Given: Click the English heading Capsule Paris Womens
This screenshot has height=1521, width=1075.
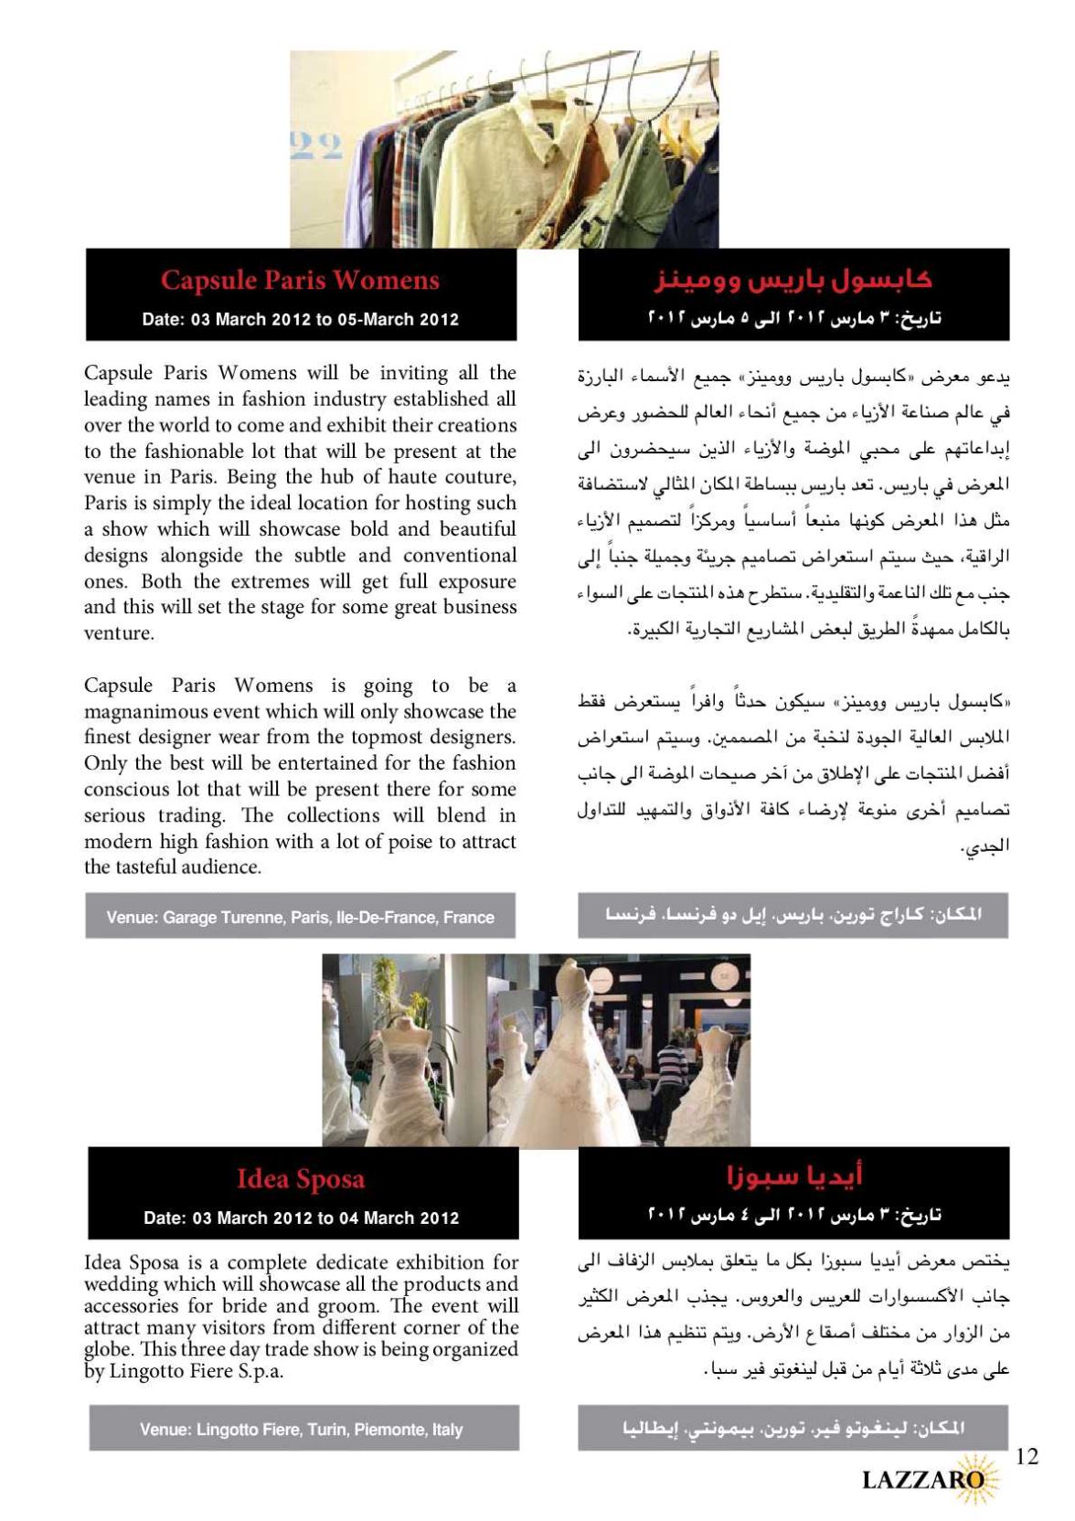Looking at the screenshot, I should click(300, 280).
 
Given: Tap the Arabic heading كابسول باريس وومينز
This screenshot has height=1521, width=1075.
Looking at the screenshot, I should click(793, 279).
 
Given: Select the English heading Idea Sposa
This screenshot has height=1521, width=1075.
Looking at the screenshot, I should click(300, 1179).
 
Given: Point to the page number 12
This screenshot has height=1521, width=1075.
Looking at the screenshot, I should click(1027, 1457).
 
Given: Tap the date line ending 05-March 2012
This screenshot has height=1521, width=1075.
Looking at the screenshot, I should click(300, 320).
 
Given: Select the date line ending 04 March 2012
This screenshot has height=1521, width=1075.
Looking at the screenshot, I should click(301, 1218).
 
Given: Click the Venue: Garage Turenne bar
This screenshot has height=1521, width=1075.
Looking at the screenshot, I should click(300, 917).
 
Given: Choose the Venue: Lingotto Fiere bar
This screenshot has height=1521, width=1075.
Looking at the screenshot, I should click(301, 1430).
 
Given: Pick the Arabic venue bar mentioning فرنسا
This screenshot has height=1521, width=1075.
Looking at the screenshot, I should click(793, 914).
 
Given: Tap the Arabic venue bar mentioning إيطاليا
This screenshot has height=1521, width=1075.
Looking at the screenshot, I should click(793, 1428).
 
